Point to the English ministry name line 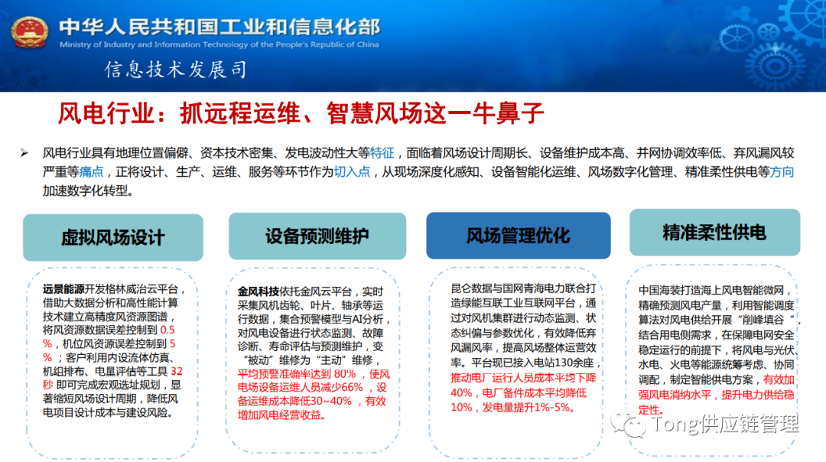(219, 44)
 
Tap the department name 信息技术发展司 (176, 70)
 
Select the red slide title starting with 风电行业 (301, 115)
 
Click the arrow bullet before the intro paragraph (24, 153)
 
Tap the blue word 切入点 (352, 171)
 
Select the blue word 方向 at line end (782, 171)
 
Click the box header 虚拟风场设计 (112, 237)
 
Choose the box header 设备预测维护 (317, 236)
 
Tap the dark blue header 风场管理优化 (518, 236)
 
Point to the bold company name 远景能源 (63, 288)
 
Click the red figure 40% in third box (462, 392)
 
